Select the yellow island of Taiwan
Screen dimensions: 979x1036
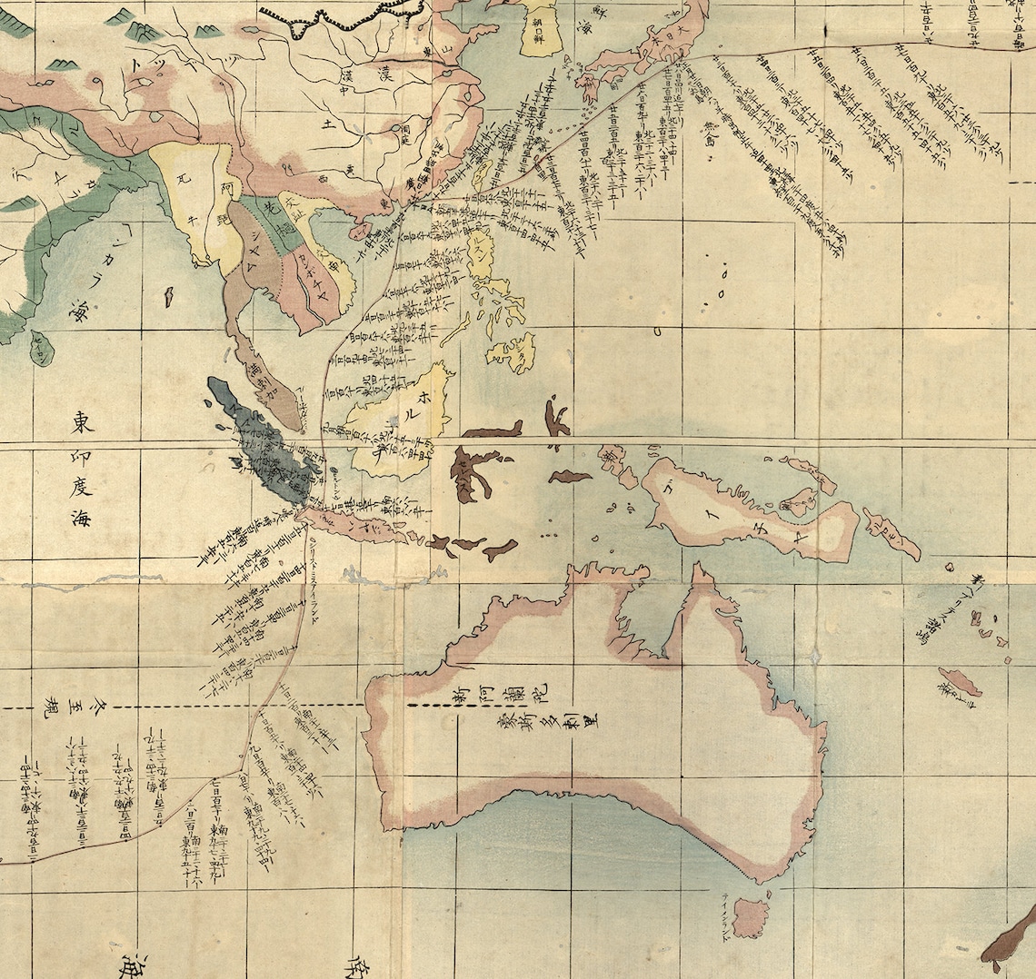pyautogui.click(x=483, y=173)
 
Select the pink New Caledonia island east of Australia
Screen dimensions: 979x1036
pyautogui.click(x=960, y=682)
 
